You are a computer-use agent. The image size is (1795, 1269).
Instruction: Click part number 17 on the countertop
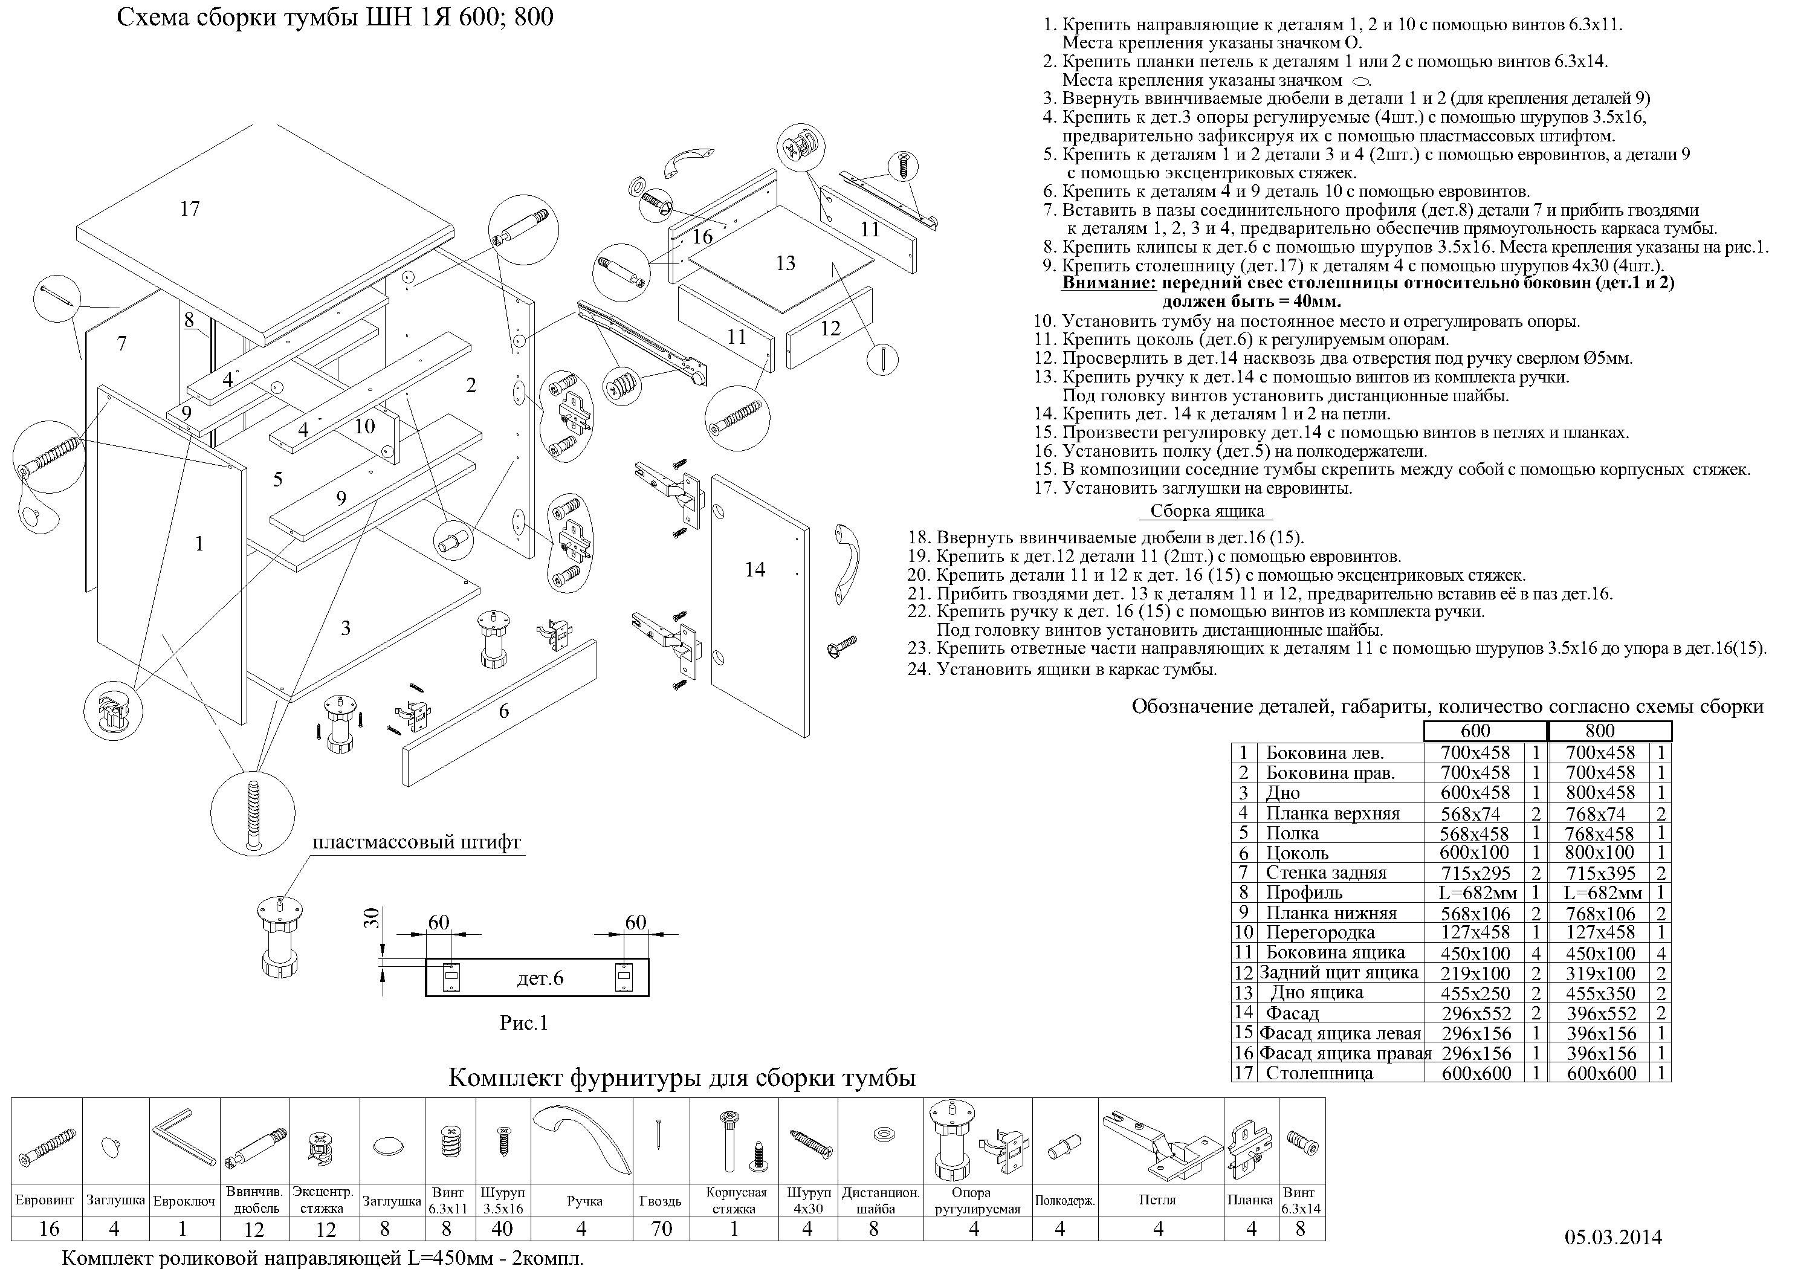pyautogui.click(x=190, y=208)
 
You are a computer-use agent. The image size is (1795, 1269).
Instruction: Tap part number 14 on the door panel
pyautogui.click(x=754, y=569)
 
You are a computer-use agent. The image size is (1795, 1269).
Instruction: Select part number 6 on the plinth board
pyautogui.click(x=504, y=711)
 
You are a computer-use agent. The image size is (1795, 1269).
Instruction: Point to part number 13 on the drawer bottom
pyautogui.click(x=785, y=263)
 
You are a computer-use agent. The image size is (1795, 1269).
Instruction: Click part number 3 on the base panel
pyautogui.click(x=346, y=627)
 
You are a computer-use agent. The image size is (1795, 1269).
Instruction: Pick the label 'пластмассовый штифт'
pyautogui.click(x=416, y=843)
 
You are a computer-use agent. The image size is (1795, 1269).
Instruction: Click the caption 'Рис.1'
pyautogui.click(x=524, y=1022)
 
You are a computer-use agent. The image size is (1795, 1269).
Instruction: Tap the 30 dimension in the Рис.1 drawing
pyautogui.click(x=372, y=917)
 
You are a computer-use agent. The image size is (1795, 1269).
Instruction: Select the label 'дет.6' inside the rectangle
pyautogui.click(x=540, y=978)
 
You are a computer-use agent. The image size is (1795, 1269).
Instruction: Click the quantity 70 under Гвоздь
pyautogui.click(x=661, y=1229)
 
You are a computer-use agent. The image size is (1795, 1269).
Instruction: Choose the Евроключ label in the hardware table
pyautogui.click(x=184, y=1201)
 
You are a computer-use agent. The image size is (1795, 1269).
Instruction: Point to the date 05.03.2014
pyautogui.click(x=1613, y=1238)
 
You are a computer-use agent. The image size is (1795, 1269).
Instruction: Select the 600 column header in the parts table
pyautogui.click(x=1475, y=731)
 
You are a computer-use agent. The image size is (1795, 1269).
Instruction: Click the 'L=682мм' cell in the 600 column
pyautogui.click(x=1478, y=893)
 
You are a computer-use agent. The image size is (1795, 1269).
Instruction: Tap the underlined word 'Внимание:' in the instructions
pyautogui.click(x=1108, y=282)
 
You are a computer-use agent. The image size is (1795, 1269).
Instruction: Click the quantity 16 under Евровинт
pyautogui.click(x=48, y=1229)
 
